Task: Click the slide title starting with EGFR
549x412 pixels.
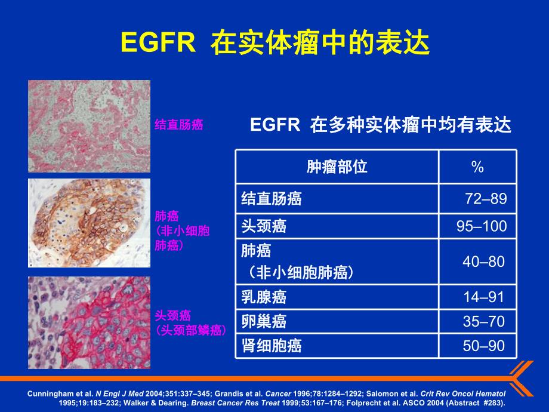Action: pos(274,43)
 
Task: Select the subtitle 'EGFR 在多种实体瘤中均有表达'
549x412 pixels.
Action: pos(381,125)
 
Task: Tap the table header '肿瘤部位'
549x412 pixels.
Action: pos(337,167)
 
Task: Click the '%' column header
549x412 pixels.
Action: pos(477,167)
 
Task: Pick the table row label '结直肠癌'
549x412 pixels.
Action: pos(272,199)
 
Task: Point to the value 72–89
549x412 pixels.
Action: pos(485,199)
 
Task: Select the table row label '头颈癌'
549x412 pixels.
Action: pos(264,226)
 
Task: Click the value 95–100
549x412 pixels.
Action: pos(481,226)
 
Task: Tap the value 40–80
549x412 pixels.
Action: pos(483,262)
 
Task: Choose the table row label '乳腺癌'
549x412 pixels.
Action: pos(264,297)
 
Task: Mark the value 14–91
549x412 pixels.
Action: pos(484,297)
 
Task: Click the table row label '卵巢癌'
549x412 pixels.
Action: pos(264,321)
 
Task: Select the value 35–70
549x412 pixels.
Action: pos(484,321)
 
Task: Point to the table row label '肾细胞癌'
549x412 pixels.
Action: pos(272,345)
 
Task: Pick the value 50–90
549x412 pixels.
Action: pos(484,345)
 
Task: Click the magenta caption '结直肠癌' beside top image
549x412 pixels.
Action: pos(178,125)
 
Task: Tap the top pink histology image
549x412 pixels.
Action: pos(89,126)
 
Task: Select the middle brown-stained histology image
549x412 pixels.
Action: pos(89,223)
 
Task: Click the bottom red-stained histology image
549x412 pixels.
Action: pos(89,322)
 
